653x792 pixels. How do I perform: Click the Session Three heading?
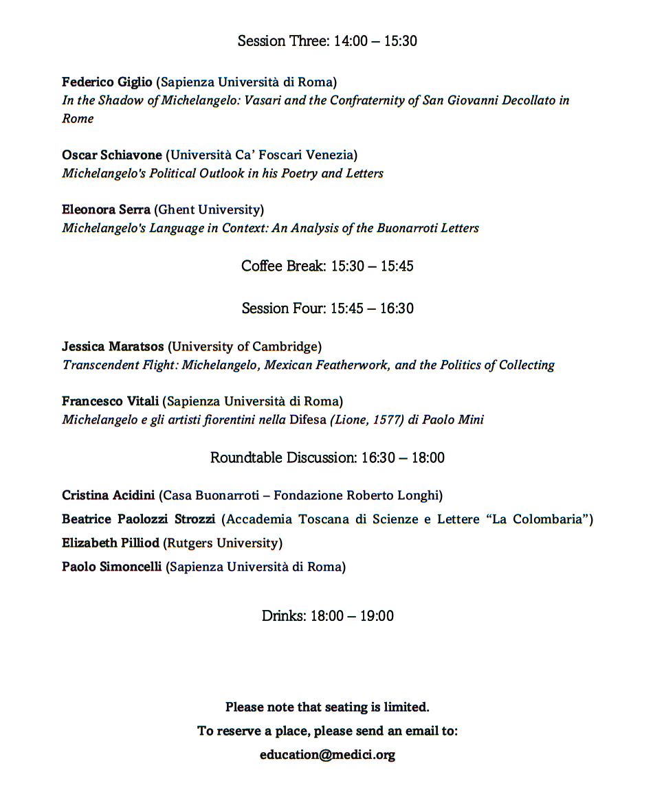pyautogui.click(x=327, y=41)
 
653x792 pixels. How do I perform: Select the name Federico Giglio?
pyautogui.click(x=107, y=82)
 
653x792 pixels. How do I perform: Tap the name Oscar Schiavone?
pyautogui.click(x=112, y=155)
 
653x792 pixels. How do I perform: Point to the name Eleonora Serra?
pyautogui.click(x=106, y=210)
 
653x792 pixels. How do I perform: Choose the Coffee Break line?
pyautogui.click(x=327, y=267)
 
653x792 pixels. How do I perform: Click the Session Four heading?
pyautogui.click(x=327, y=308)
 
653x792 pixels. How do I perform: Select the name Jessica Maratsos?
pyautogui.click(x=112, y=347)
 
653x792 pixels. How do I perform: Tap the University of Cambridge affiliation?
pyautogui.click(x=245, y=347)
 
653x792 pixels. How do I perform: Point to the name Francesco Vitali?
pyautogui.click(x=110, y=401)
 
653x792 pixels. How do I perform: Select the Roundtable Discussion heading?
pyautogui.click(x=327, y=457)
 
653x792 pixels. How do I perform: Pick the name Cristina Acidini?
pyautogui.click(x=108, y=495)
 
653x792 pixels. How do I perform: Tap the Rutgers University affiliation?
pyautogui.click(x=223, y=543)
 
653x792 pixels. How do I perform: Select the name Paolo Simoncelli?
pyautogui.click(x=111, y=567)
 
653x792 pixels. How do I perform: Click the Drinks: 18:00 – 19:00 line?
pyautogui.click(x=327, y=616)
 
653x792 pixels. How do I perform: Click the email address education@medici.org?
pyautogui.click(x=327, y=755)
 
